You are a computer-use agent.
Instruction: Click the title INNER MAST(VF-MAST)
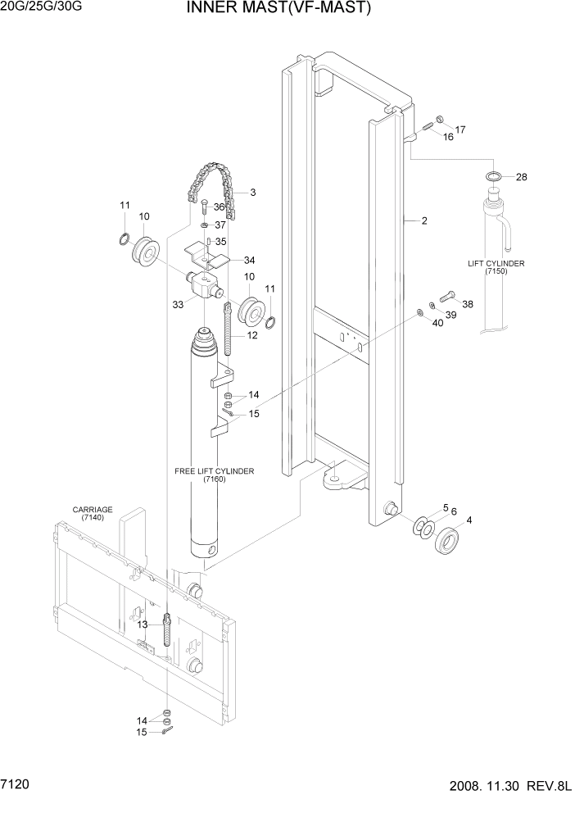[267, 9]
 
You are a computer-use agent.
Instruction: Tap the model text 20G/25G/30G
[42, 8]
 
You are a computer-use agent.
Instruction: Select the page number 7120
[18, 785]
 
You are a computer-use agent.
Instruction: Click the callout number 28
[521, 177]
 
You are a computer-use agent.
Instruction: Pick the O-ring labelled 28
[493, 176]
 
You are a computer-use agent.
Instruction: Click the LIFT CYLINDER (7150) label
[496, 267]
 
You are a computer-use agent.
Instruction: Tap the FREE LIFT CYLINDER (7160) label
[215, 475]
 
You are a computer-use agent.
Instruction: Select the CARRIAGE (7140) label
[92, 514]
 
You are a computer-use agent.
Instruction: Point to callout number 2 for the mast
[424, 221]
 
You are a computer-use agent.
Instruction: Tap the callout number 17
[460, 129]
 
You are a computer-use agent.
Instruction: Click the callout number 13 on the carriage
[143, 625]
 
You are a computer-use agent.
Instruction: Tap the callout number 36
[219, 207]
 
